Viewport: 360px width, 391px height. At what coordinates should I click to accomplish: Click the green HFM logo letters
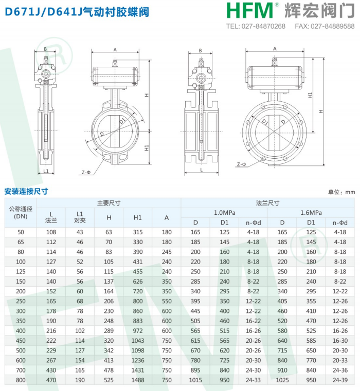(x=250, y=10)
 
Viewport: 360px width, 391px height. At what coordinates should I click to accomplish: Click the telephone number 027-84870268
(x=263, y=26)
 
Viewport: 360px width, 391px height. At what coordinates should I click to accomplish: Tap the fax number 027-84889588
(x=333, y=26)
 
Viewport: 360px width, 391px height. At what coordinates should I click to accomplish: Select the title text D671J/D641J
(x=44, y=12)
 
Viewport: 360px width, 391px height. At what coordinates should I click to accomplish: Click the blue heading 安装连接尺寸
(x=26, y=192)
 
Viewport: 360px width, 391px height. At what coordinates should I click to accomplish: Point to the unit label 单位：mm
(x=341, y=192)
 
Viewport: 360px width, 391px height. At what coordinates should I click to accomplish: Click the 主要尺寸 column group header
(x=109, y=203)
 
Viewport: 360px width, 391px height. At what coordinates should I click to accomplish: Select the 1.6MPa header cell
(x=311, y=213)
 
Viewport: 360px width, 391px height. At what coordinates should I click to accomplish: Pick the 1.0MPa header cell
(x=224, y=213)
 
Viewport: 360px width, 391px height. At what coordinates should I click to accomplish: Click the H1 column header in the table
(x=137, y=218)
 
